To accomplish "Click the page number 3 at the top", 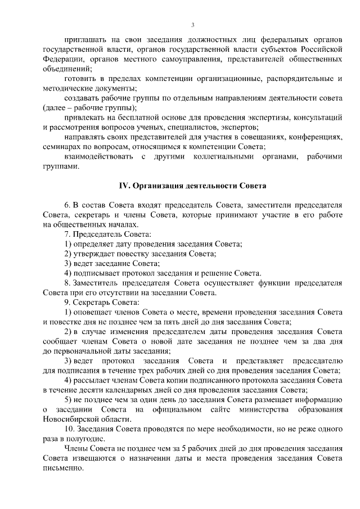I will pos(193,25).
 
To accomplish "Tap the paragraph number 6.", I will pos(67,205).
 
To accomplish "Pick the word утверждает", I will pos(94,254).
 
